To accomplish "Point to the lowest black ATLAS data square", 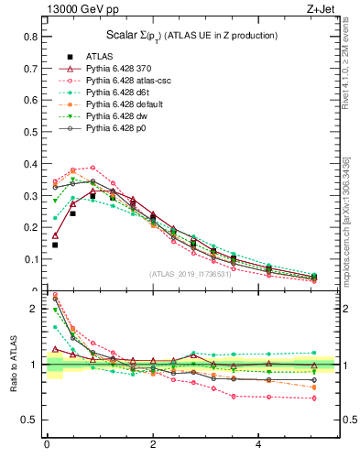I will pyautogui.click(x=55, y=245).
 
